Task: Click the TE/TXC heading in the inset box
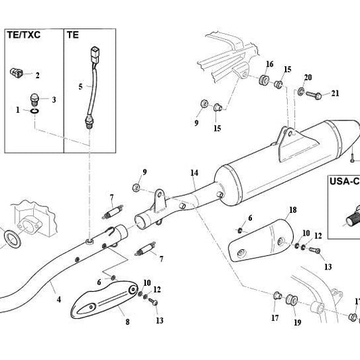24,35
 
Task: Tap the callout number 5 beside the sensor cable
80,86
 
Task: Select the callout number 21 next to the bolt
335,93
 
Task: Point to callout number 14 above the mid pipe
195,173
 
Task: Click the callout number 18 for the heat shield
292,210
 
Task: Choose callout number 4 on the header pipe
59,299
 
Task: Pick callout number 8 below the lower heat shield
128,322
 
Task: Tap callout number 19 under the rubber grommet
297,323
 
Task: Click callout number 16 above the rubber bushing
269,64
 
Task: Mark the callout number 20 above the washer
307,78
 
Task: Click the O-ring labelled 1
34,111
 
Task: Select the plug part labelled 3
34,99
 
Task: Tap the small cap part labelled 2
16,73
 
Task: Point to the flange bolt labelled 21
313,95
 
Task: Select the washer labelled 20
301,91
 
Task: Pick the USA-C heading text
344,182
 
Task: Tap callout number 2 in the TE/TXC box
37,75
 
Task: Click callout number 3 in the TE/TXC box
54,100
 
